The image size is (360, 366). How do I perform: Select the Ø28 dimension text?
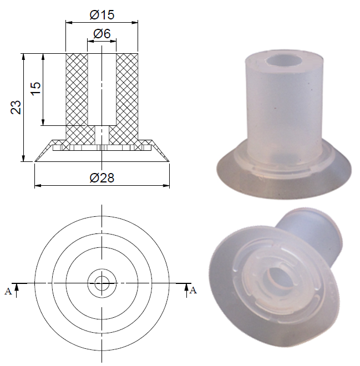pyautogui.click(x=102, y=177)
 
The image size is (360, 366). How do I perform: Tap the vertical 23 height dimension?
pyautogui.click(x=16, y=107)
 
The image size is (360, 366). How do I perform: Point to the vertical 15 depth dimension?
pyautogui.click(x=35, y=89)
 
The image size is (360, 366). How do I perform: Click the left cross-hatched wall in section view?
pyautogui.click(x=77, y=91)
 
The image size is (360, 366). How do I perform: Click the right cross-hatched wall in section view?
pyautogui.click(x=127, y=91)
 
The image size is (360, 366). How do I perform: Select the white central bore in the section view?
pyautogui.click(x=102, y=89)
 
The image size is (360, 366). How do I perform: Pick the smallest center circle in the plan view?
pyautogui.click(x=102, y=283)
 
